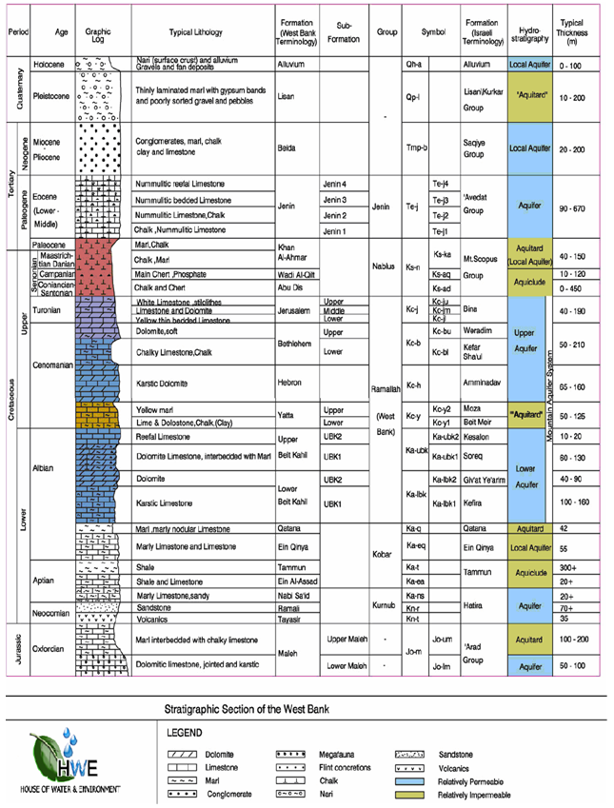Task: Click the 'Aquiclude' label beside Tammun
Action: (x=525, y=572)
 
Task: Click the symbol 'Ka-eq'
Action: (x=414, y=547)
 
